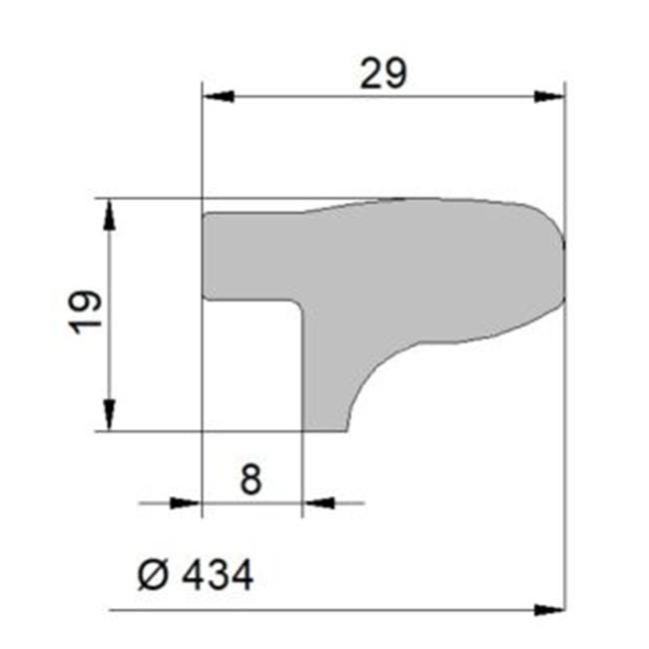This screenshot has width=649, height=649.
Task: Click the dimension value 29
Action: [383, 74]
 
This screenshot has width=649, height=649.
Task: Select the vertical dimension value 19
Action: [87, 313]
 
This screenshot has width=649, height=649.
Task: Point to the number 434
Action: [214, 574]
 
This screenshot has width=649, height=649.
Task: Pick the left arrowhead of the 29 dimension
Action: [218, 97]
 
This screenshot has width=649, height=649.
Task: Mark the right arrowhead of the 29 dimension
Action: [550, 97]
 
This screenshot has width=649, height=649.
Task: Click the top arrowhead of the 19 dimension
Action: [109, 214]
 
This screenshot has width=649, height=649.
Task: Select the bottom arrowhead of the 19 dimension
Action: [109, 415]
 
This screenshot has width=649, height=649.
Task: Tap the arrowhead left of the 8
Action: [187, 503]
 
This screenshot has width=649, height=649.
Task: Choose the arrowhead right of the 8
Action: [317, 503]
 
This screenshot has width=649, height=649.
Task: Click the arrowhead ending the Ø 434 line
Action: [550, 609]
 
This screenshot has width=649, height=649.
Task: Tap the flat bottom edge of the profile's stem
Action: [325, 430]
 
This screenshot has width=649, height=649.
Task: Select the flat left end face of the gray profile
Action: [204, 255]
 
